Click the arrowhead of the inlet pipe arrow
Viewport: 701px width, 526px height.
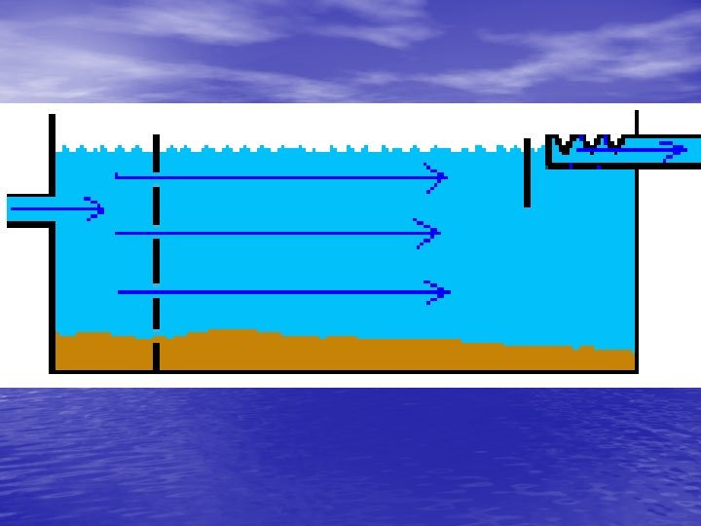98,209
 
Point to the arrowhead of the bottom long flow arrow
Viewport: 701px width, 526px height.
444,291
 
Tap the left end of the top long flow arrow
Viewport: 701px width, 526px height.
117,176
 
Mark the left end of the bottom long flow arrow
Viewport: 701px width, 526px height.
120,291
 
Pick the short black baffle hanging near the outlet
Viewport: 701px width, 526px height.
527,173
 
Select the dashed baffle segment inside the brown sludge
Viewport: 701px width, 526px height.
156,356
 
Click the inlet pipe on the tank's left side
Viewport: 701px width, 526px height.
27,209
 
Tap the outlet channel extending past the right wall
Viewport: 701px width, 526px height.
668,150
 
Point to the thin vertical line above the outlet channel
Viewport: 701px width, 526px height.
637,122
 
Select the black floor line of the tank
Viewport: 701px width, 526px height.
341,371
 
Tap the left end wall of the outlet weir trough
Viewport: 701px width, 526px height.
549,151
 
